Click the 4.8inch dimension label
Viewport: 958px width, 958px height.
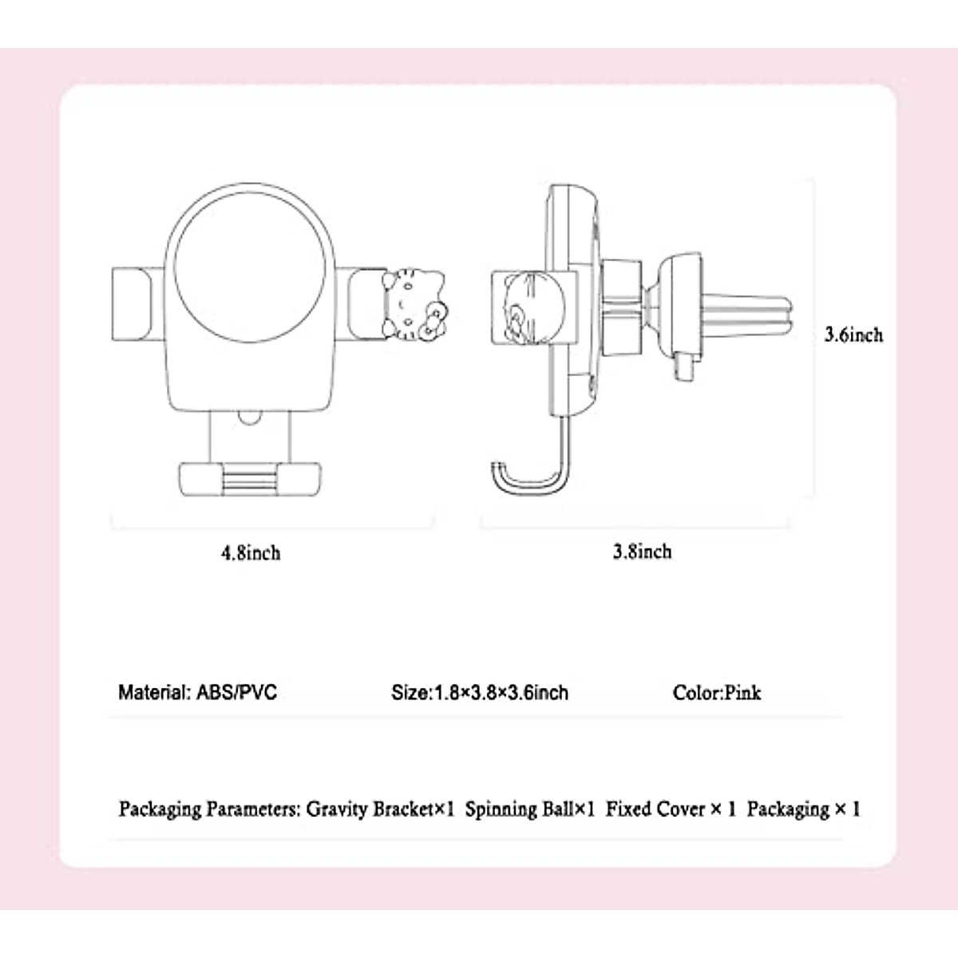(251, 552)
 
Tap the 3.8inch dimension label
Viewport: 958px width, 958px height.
(642, 552)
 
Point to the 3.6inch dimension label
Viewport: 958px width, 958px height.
(853, 335)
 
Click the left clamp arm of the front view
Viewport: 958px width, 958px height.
(131, 306)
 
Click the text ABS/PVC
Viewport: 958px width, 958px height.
(236, 692)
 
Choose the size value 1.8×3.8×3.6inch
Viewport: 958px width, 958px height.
(501, 692)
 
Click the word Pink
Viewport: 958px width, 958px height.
(743, 692)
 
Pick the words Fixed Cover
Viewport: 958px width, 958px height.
(655, 810)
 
